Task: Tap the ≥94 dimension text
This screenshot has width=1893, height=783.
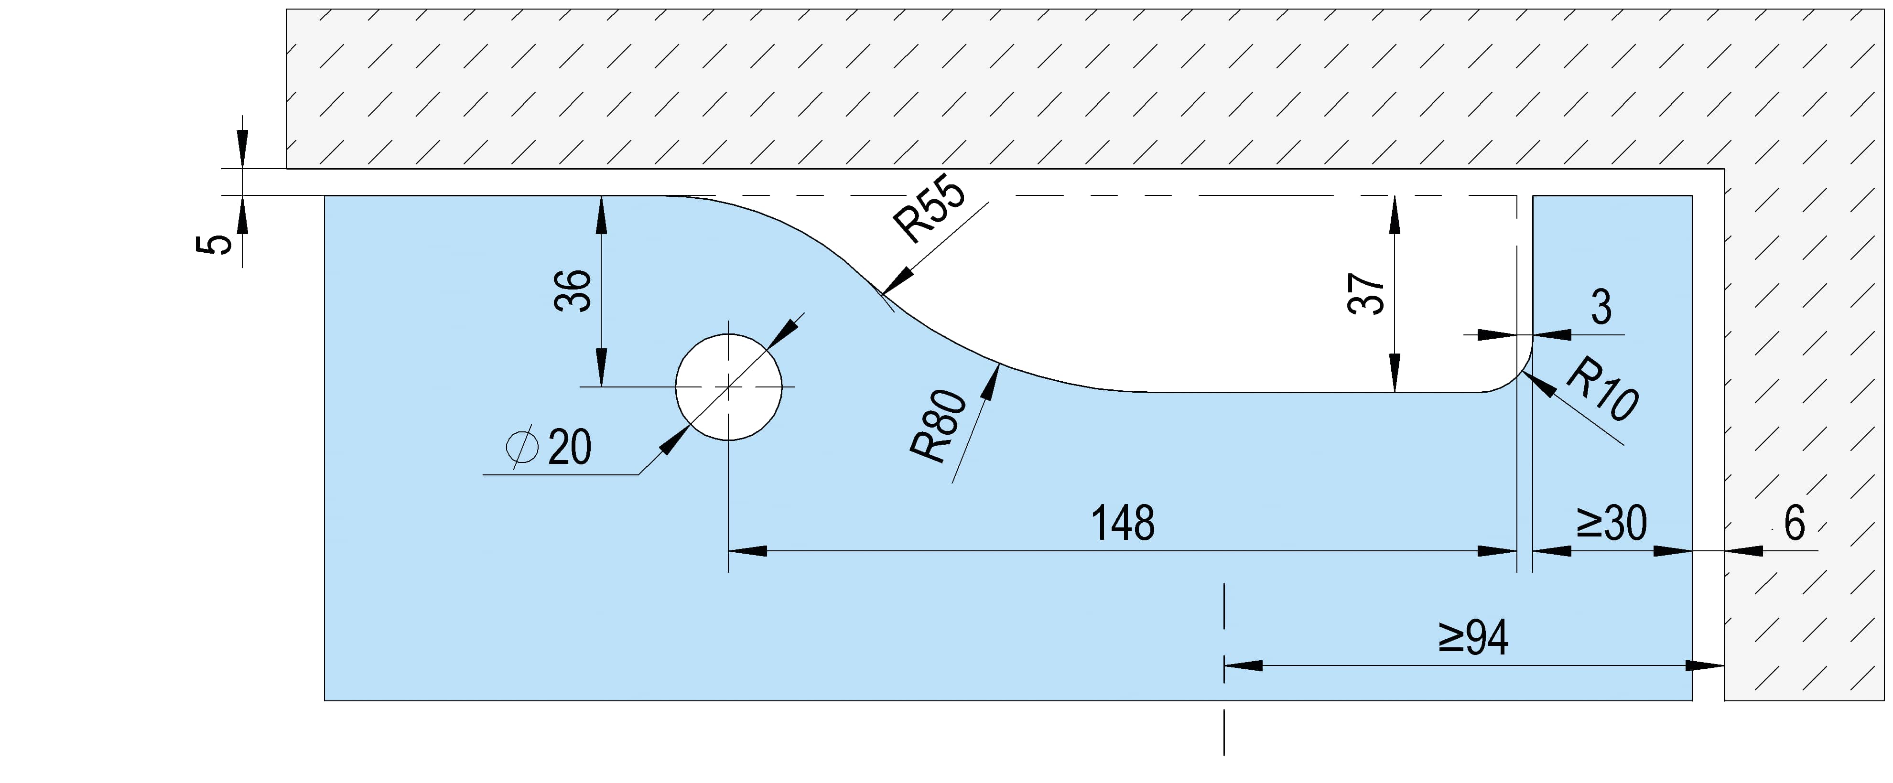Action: pos(1473,638)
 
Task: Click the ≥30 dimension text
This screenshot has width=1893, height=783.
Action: pos(1612,524)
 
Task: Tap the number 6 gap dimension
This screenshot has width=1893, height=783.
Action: pos(1794,524)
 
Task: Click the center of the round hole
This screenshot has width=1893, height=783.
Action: pos(728,387)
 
